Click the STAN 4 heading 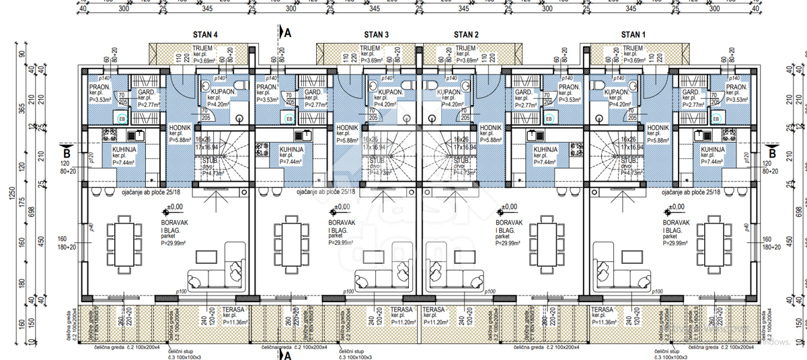(206, 34)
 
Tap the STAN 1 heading (633, 34)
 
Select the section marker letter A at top (288, 33)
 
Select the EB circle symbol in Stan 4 (122, 118)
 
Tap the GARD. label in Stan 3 (313, 92)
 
